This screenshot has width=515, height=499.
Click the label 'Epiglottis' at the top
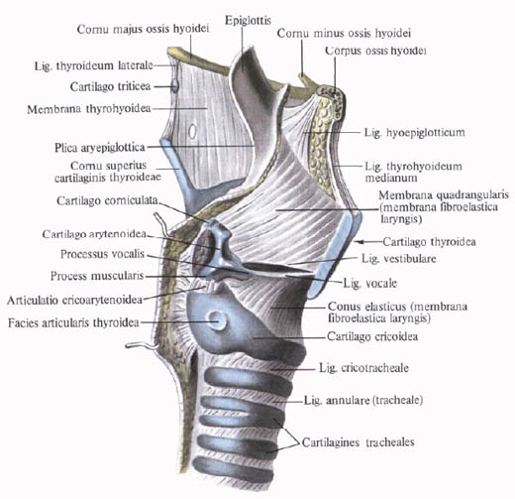point(248,21)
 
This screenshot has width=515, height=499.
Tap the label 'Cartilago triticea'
point(110,86)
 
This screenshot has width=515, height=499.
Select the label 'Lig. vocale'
point(370,284)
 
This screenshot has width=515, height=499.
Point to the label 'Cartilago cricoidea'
point(372,336)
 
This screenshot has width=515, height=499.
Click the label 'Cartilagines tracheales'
point(358,442)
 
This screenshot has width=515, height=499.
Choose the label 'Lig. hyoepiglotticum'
point(414,133)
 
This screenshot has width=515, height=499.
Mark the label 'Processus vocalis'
point(102,254)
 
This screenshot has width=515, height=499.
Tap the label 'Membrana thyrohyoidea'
point(89,109)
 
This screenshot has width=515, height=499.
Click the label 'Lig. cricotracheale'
point(363,368)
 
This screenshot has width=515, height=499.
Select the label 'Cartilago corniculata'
point(107,200)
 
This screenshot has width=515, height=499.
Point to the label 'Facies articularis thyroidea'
point(73,322)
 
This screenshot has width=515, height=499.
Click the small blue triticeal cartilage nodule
point(175,85)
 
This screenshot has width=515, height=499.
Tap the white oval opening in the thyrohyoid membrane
point(192,132)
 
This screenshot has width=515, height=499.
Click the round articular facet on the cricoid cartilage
point(218,320)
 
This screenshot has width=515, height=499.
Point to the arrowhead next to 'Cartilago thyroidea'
point(360,242)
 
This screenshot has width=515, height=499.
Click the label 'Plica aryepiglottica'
point(100,148)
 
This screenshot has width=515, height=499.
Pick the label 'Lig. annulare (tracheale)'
point(363,401)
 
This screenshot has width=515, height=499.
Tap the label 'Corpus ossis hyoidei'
point(375,51)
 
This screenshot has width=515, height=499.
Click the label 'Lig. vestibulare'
point(399,258)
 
